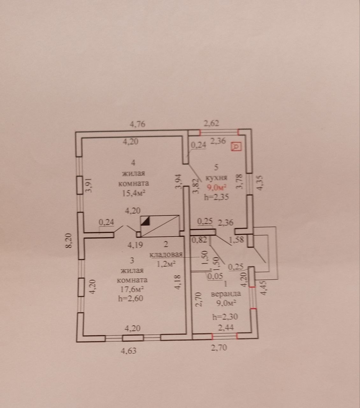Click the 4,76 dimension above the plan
[x=138, y=124]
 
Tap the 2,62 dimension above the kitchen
[x=212, y=123]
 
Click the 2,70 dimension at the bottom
[x=219, y=347]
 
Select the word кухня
[x=216, y=178]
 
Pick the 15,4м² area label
[x=134, y=193]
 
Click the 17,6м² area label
[x=132, y=289]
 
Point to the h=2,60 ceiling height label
[x=131, y=298]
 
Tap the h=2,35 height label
[x=216, y=197]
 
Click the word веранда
[x=226, y=294]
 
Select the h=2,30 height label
[x=225, y=317]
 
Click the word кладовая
[x=166, y=255]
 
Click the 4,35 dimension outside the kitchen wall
[x=260, y=183]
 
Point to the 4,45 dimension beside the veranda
[x=265, y=288]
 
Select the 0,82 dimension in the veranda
[x=199, y=240]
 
